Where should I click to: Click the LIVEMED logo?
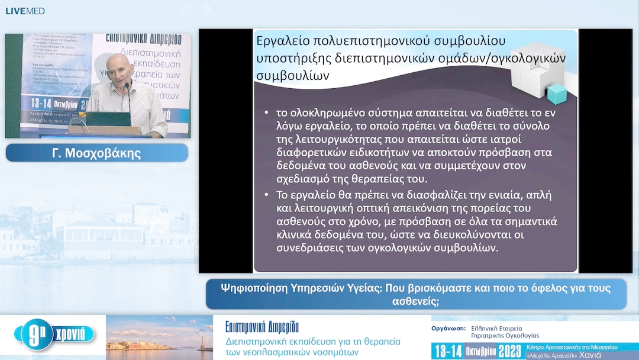25,11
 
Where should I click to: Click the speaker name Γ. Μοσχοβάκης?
97,153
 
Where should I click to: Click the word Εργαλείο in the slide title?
282,41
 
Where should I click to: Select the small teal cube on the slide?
556,94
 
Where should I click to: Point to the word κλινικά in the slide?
296,235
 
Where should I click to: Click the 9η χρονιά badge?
54,336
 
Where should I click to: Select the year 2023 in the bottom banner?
509,351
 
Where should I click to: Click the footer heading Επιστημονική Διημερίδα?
262,327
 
